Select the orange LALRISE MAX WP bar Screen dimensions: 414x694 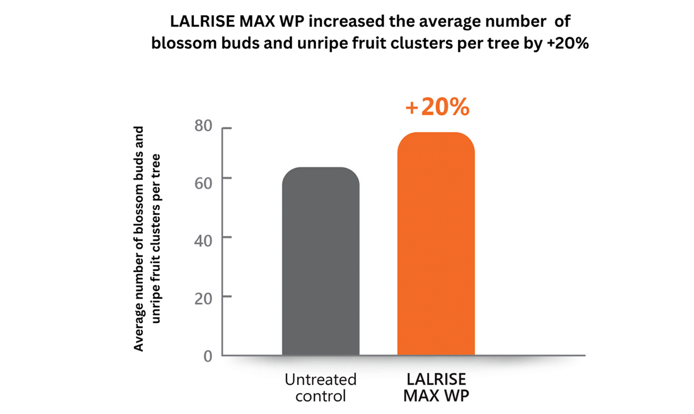click(x=436, y=244)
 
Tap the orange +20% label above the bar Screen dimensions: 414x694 click(x=438, y=107)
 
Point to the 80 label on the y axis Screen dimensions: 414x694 click(x=203, y=126)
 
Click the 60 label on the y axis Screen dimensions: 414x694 click(x=203, y=183)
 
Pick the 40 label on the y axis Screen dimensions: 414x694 click(x=203, y=241)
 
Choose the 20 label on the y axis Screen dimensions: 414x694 click(x=203, y=299)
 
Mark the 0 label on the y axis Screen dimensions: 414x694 click(x=208, y=356)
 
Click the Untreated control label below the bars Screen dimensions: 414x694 click(x=320, y=387)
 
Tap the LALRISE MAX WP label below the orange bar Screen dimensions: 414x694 click(x=436, y=387)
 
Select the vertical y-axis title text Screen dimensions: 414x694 click(x=147, y=239)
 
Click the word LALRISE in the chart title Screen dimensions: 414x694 click(x=197, y=22)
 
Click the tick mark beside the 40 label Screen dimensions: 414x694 click(x=227, y=237)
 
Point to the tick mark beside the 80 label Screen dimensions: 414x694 click(x=227, y=128)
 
